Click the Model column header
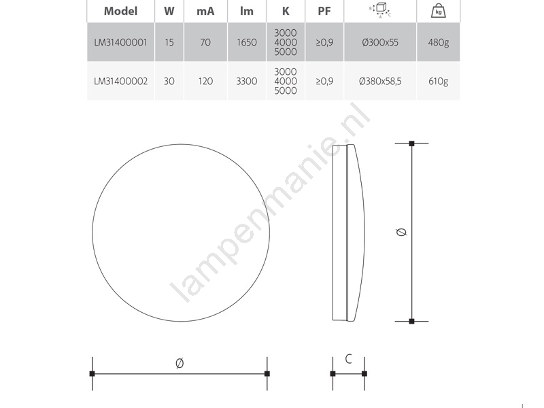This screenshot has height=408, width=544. click(121, 11)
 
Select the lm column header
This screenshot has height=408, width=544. click(247, 11)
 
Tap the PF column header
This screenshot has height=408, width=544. click(324, 11)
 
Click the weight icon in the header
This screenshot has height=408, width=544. click(439, 11)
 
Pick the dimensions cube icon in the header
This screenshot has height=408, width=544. click(380, 10)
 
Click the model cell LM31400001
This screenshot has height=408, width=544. click(121, 42)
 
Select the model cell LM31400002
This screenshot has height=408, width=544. click(121, 81)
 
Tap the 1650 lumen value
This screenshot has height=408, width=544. click(247, 42)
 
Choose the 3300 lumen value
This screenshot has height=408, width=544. click(247, 81)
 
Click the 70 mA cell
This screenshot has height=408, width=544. click(205, 42)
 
